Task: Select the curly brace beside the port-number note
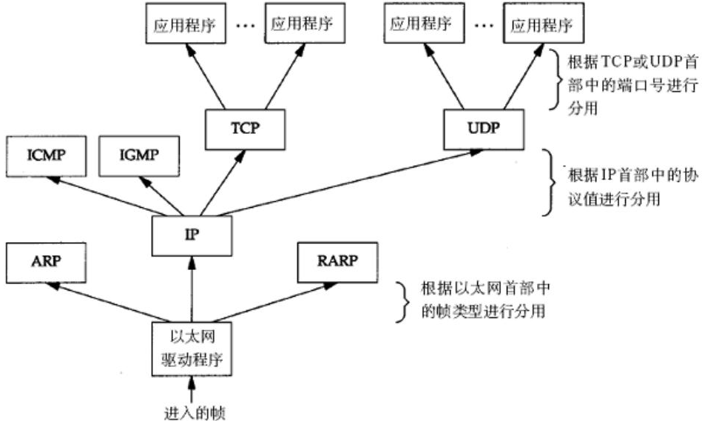tap(556, 79)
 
